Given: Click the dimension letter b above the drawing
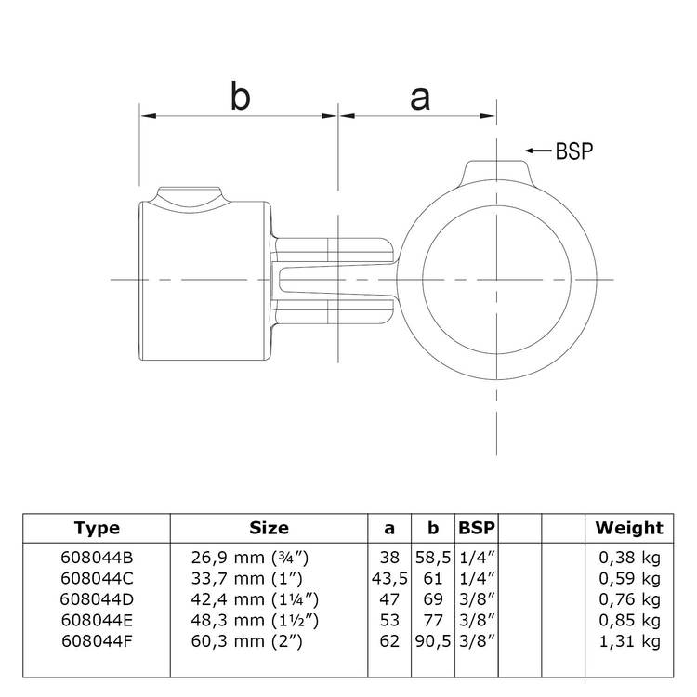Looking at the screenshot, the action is pos(241,96).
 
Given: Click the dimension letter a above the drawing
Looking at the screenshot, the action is pos(420,99).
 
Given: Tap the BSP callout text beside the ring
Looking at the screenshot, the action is pos(574,151).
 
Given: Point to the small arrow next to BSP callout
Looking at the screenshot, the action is pos(538,151).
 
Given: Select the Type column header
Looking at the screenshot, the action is pos(97,528).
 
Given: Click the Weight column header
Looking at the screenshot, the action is pos(629,528).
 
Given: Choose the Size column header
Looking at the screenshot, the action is pos(269,528).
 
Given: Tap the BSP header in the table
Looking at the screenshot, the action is pos(477,528).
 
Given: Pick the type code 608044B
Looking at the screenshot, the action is pos(97,558).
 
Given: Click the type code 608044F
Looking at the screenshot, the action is pos(97,641).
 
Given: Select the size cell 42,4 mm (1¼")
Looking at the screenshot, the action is pos(255,599).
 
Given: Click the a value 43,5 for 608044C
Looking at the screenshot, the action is pos(389,578).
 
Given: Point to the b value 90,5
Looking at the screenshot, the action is pos(433,641).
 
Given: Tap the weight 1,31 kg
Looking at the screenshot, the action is pos(629,641).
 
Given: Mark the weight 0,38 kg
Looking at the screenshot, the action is pos(629,558).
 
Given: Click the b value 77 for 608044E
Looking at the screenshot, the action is pos(433,621).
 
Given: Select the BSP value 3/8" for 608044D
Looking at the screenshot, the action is pos(477,599).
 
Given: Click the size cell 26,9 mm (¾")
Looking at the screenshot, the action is pos(249,558).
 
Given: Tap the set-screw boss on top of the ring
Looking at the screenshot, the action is pos(496,172).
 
